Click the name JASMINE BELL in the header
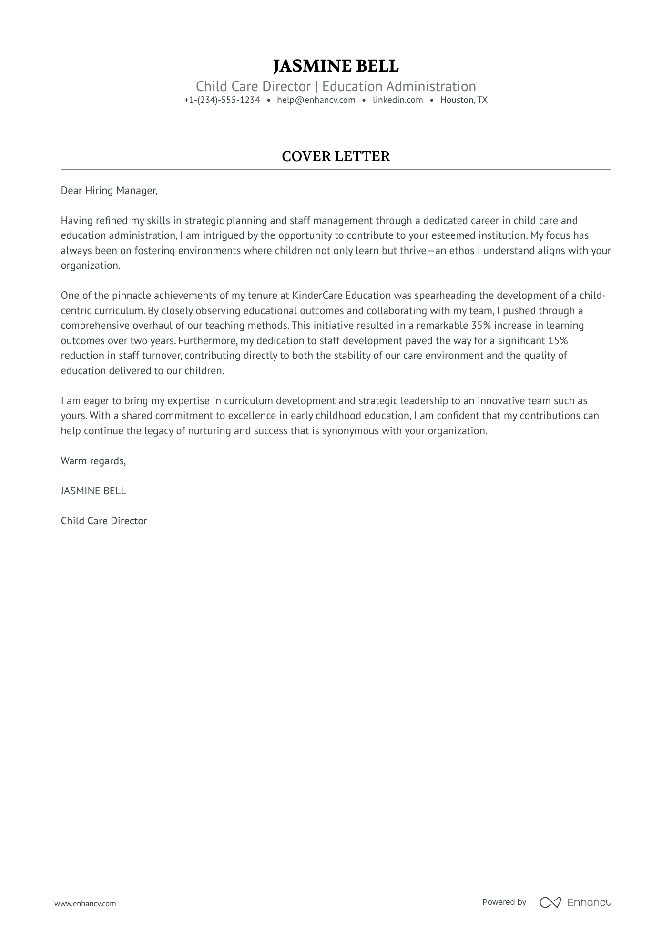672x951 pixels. [x=336, y=66]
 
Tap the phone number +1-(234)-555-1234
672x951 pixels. [x=222, y=100]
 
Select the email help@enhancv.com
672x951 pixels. [x=316, y=100]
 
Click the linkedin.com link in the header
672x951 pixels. [x=397, y=100]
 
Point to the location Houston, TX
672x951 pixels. [x=464, y=100]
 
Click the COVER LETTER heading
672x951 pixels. [x=336, y=156]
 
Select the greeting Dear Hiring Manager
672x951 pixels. [x=109, y=191]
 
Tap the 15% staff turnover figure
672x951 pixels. [x=558, y=341]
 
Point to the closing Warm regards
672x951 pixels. [x=93, y=461]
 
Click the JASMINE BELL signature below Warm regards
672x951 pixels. [x=93, y=491]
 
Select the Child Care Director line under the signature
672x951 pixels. [x=104, y=521]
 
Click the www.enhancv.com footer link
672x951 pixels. [x=85, y=903]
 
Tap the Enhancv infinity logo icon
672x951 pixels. [x=550, y=902]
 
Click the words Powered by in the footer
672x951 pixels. [x=504, y=902]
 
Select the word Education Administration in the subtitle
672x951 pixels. [x=399, y=86]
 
